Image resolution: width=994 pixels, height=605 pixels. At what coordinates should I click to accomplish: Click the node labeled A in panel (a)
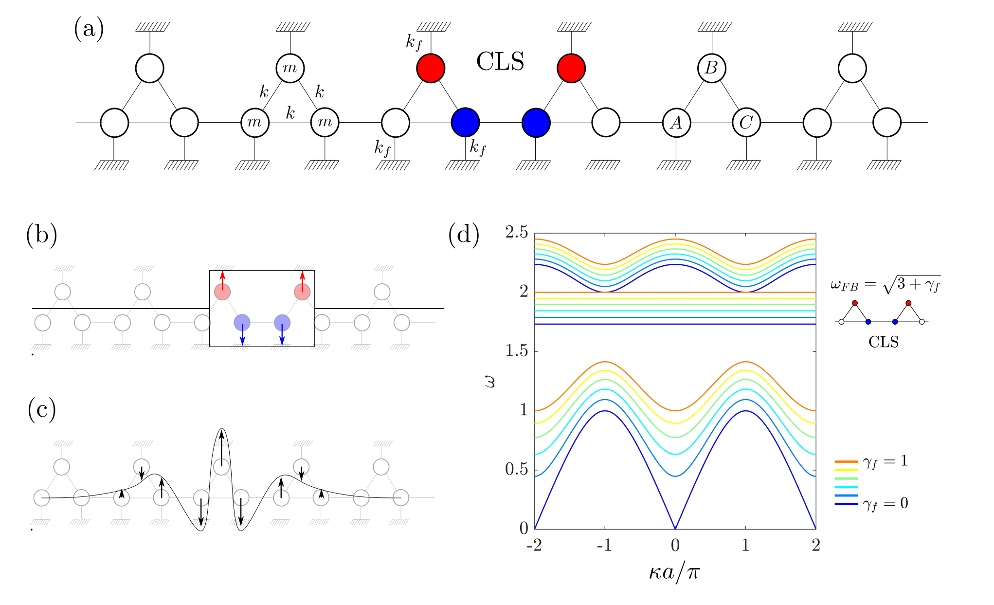[676, 123]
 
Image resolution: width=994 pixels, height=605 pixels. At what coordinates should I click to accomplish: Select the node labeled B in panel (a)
[711, 68]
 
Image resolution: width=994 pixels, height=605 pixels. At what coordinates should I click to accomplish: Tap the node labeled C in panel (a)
[746, 123]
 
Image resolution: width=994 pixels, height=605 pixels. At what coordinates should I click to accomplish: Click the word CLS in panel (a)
[500, 62]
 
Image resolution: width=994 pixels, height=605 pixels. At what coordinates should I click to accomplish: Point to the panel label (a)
[89, 29]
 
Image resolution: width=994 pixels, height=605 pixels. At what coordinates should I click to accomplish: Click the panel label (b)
[41, 235]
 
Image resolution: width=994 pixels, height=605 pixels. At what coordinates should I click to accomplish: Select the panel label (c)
[41, 410]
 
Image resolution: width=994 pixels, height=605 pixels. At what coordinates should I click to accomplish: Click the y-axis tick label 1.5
[517, 351]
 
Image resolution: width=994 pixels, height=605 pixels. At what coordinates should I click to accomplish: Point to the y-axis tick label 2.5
[517, 233]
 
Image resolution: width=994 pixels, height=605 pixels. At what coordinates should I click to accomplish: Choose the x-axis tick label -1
[604, 545]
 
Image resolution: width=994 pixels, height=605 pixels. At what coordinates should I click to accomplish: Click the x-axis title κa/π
[674, 571]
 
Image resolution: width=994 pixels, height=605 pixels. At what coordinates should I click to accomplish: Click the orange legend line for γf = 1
[846, 461]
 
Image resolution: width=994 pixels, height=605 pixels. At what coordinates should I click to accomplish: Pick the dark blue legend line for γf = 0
[846, 504]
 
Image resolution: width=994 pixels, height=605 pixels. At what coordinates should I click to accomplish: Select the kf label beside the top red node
[414, 42]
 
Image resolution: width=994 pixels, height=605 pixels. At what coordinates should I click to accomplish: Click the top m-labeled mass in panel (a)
[290, 68]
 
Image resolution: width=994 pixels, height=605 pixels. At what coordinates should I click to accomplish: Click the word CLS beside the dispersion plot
[884, 342]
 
